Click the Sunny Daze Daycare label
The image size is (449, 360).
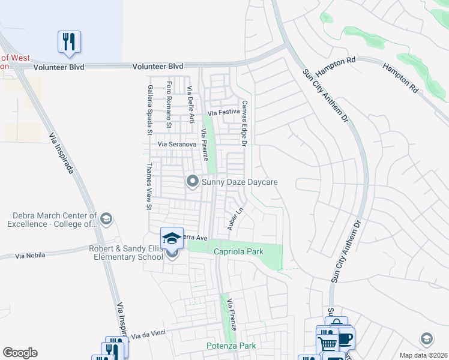[240, 181]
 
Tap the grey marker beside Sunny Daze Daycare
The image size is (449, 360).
[193, 181]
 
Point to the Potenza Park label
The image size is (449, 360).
[231, 346]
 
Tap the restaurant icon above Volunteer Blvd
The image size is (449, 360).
[69, 41]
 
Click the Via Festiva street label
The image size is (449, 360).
[223, 112]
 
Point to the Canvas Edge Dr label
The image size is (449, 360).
[244, 123]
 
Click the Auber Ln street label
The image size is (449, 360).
[234, 220]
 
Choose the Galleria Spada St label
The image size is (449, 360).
[149, 109]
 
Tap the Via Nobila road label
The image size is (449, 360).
[28, 256]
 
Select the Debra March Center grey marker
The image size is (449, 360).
[106, 218]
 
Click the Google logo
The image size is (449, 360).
[20, 353]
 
